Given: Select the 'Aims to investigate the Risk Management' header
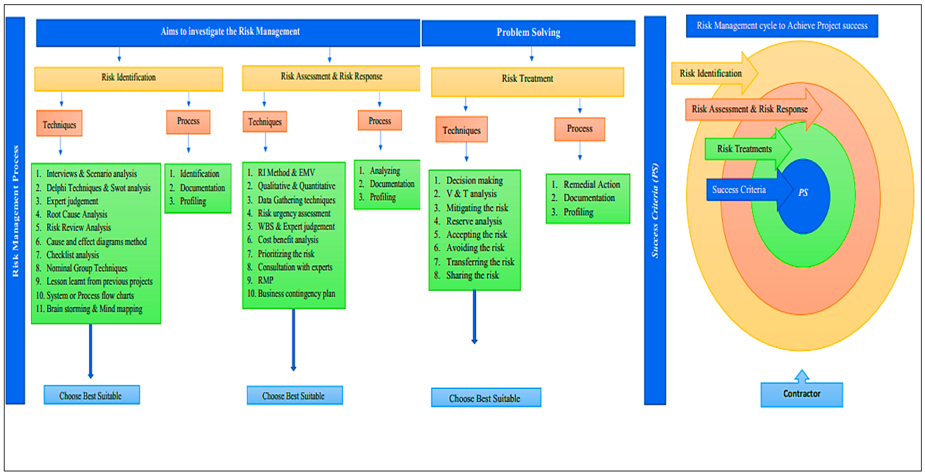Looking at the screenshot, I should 230,32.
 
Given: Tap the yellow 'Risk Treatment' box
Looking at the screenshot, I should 527,79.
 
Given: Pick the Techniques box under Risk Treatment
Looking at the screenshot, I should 461,130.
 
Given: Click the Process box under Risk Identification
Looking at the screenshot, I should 188,121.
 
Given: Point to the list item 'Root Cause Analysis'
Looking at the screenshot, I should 76,215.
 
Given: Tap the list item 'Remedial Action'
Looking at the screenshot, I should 591,185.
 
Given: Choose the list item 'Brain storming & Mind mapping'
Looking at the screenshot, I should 94,309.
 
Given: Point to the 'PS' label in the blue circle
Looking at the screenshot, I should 803,193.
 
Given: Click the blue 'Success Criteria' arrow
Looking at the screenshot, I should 739,190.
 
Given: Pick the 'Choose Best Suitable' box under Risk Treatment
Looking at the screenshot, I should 485,398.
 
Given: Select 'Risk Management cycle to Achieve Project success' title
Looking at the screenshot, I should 782,26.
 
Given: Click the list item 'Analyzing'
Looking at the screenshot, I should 384,171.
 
